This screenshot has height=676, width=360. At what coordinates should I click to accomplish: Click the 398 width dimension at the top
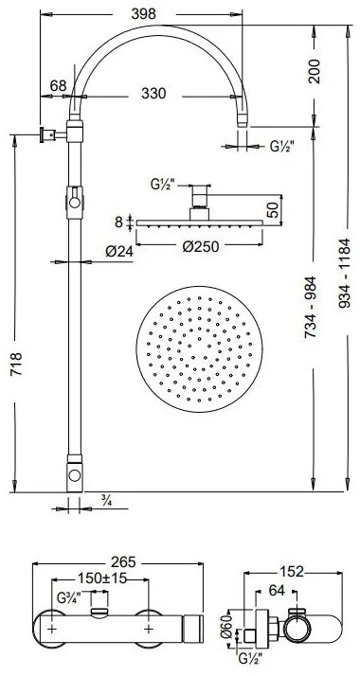[x=144, y=14]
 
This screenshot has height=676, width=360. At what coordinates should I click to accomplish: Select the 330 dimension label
[x=153, y=93]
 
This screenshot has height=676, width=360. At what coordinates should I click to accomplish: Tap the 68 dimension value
[x=58, y=85]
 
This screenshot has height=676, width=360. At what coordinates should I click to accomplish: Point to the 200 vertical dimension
[x=315, y=71]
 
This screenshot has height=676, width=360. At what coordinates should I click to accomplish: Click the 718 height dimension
[x=16, y=364]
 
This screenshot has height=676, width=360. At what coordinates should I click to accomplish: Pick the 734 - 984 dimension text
[x=311, y=307]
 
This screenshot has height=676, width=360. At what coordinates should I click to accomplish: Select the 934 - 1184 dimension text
[x=344, y=274]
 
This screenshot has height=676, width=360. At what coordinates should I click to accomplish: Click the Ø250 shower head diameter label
[x=201, y=246]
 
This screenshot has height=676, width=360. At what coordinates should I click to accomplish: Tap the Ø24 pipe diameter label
[x=119, y=251]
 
